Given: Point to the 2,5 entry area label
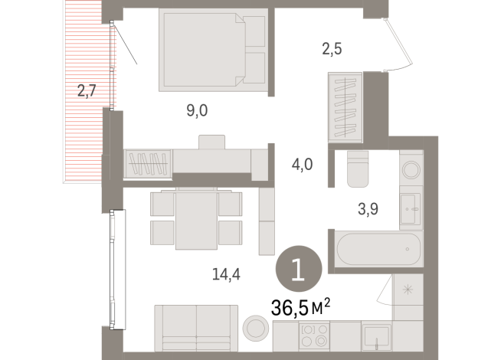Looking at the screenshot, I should click(331, 50).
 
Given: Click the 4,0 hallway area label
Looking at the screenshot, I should click(301, 163).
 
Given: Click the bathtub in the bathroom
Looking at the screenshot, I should click(378, 250).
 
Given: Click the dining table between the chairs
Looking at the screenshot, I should click(197, 220).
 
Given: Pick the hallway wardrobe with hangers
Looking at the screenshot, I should click(345, 106).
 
